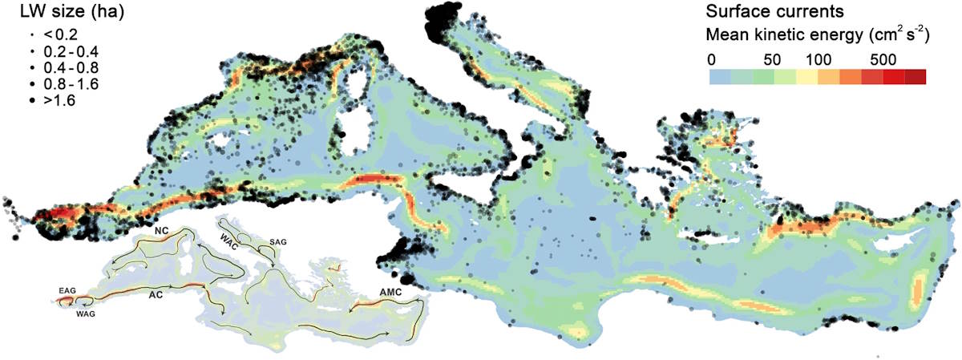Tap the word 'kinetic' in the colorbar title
pos(806,35)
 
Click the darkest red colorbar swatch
pos(916,77)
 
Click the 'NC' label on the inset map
pos(160,230)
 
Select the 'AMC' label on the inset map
pos(389,293)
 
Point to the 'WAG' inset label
pos(85,313)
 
